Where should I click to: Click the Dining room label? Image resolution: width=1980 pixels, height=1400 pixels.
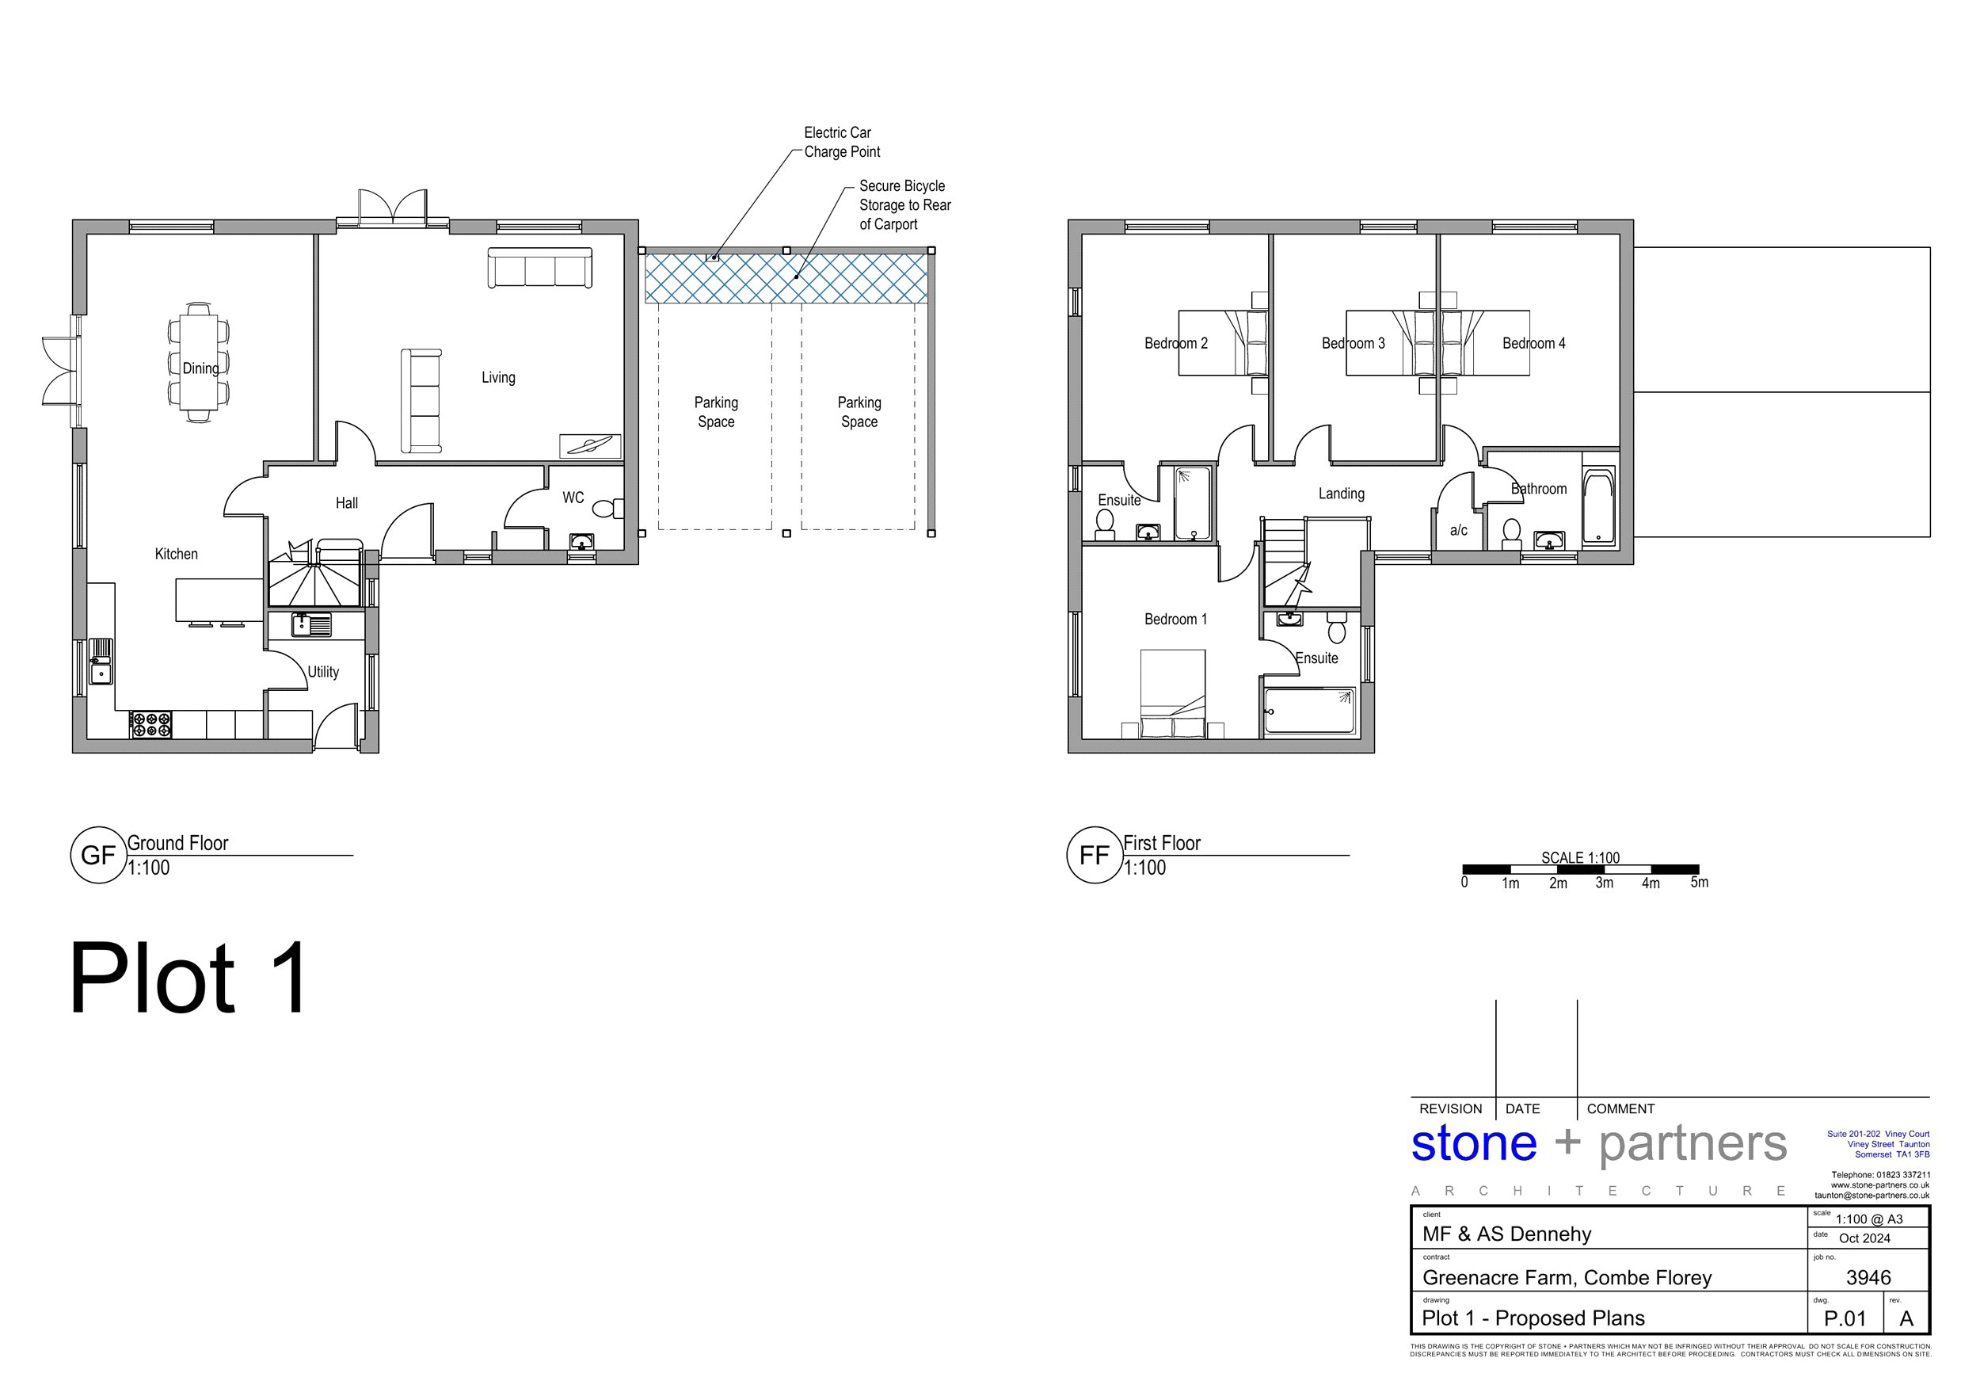(x=200, y=368)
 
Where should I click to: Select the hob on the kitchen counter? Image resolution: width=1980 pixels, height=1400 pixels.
(x=151, y=725)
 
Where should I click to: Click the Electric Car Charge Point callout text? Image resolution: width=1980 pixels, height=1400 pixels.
(x=842, y=143)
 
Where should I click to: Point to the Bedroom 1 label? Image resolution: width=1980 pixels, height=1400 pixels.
(x=1175, y=620)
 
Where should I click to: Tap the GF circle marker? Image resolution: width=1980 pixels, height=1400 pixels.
(x=98, y=855)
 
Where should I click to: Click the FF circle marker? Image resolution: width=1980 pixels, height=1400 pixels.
(x=1095, y=855)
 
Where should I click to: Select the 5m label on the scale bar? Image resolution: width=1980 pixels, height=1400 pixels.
(x=1699, y=883)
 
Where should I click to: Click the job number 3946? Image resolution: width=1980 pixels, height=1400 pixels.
(x=1868, y=1277)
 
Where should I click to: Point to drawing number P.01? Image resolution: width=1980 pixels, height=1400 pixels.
(x=1845, y=1319)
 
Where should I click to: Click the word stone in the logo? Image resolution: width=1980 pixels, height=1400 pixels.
(x=1474, y=1144)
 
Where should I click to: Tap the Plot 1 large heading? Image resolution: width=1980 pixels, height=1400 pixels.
(x=188, y=979)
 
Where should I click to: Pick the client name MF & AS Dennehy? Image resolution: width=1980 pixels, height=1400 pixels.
(x=1506, y=1234)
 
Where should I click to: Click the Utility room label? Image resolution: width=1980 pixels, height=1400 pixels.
(x=323, y=672)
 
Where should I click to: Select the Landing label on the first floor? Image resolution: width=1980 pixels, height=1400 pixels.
(x=1341, y=494)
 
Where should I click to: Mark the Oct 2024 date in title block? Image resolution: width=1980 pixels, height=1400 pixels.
(x=1864, y=1238)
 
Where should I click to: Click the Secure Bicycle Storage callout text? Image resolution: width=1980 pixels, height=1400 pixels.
(x=904, y=205)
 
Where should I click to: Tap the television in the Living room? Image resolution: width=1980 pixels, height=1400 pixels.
(x=590, y=446)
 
